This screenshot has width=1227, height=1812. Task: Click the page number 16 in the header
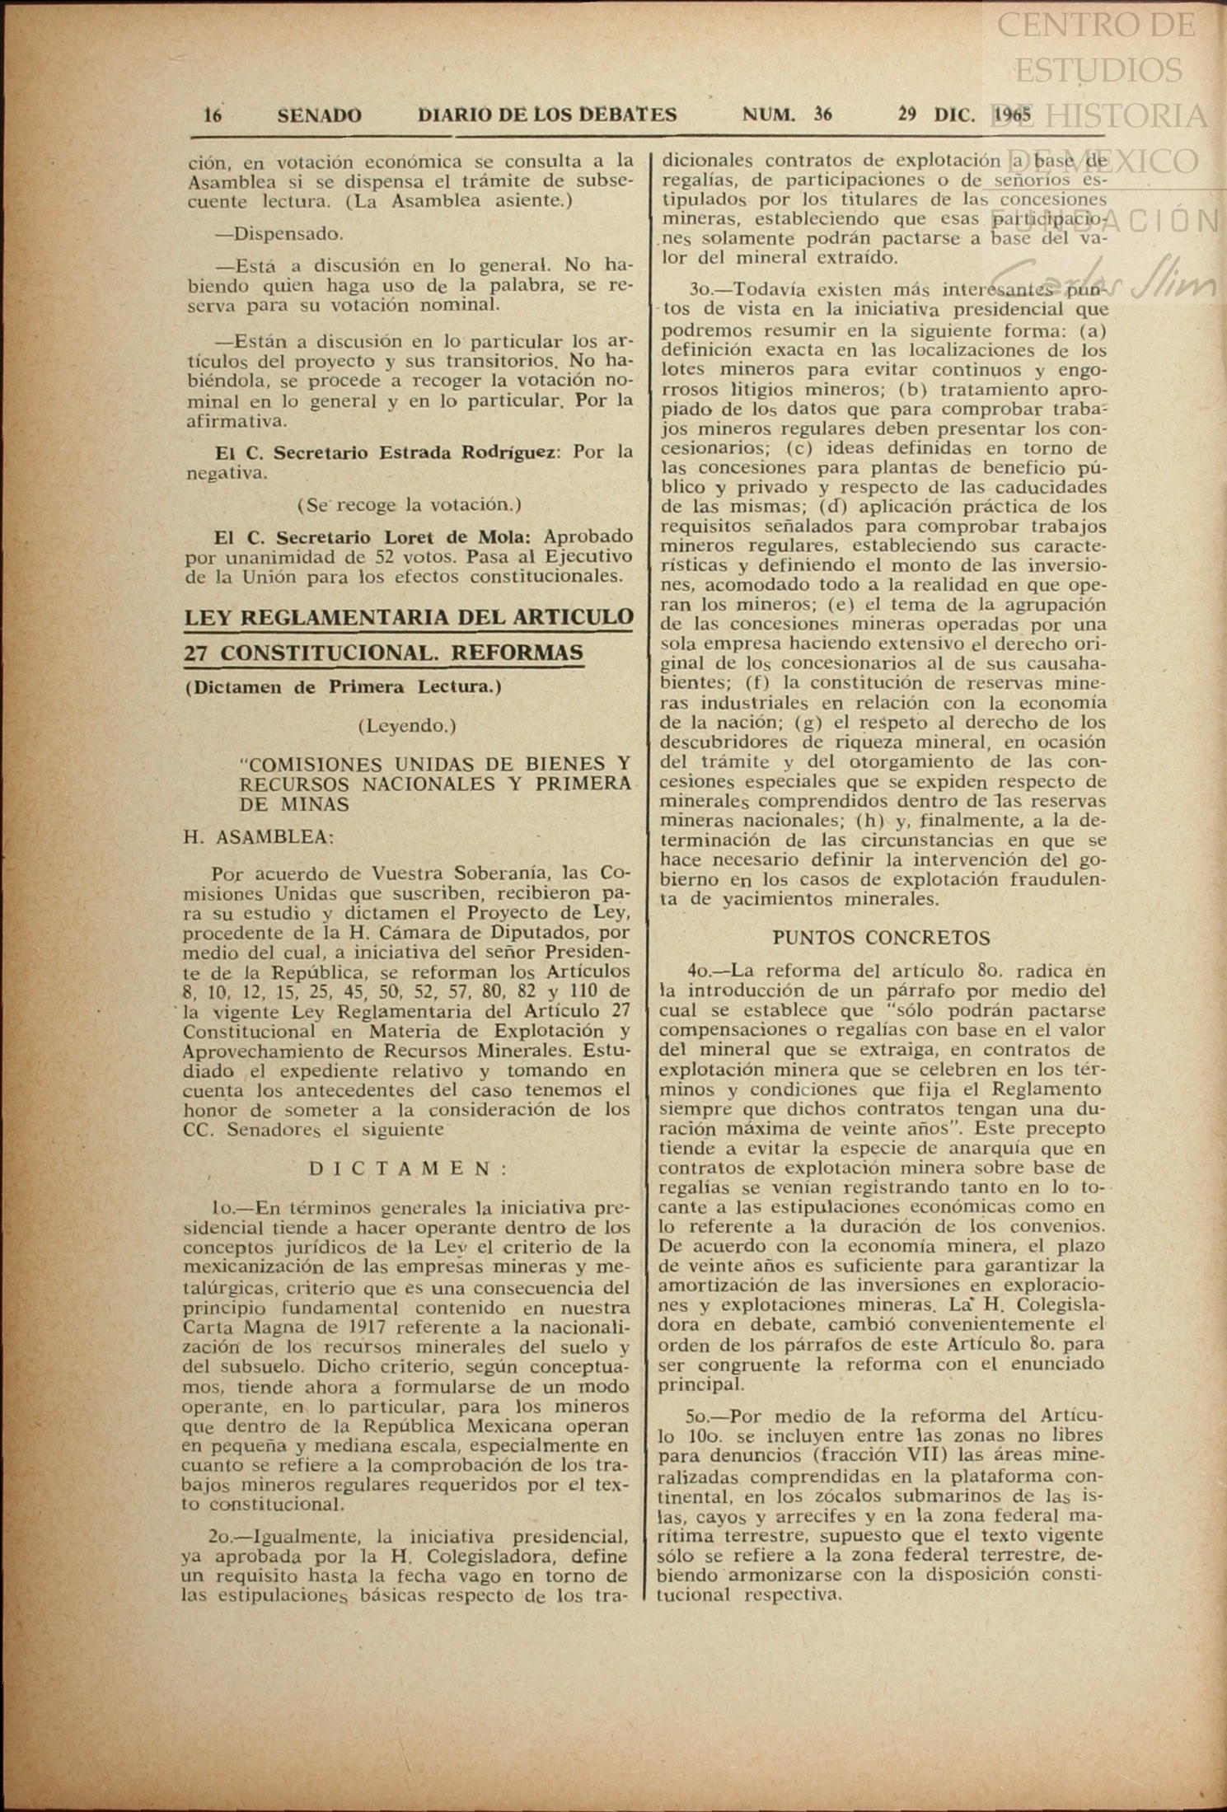(x=213, y=115)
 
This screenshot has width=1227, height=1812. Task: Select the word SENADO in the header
(x=319, y=115)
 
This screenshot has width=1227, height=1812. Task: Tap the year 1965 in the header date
(x=1013, y=115)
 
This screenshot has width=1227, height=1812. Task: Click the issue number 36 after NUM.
(x=822, y=115)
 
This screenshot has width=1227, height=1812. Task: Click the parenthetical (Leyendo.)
(x=407, y=725)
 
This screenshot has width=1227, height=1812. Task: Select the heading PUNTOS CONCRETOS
(x=881, y=938)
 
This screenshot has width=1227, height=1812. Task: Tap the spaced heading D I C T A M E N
(x=409, y=1168)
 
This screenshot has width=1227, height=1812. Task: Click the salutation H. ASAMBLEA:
(x=259, y=837)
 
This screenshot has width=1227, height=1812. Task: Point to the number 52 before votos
(x=388, y=556)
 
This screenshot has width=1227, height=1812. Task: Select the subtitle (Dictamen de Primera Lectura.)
(x=344, y=686)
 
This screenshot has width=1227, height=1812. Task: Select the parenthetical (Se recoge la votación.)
(x=409, y=503)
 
